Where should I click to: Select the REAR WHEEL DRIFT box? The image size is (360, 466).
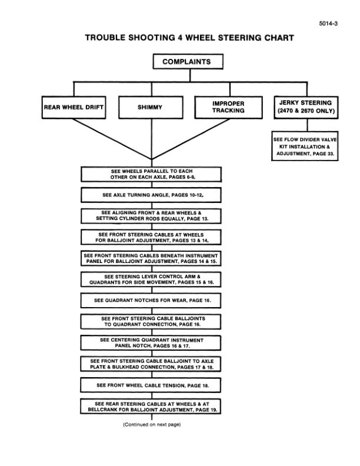pyautogui.click(x=73, y=108)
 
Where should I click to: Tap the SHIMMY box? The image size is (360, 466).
pyautogui.click(x=149, y=108)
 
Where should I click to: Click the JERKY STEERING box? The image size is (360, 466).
pyautogui.click(x=304, y=106)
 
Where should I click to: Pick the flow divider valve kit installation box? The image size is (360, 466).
pyautogui.click(x=304, y=147)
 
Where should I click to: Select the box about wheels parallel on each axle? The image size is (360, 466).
pyautogui.click(x=151, y=174)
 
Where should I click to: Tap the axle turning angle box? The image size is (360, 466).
pyautogui.click(x=151, y=194)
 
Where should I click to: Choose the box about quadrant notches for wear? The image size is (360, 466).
pyautogui.click(x=151, y=300)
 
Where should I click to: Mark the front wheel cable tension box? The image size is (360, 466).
pyautogui.click(x=151, y=385)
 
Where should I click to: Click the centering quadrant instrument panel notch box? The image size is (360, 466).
pyautogui.click(x=151, y=343)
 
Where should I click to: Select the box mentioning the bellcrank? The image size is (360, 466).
pyautogui.click(x=151, y=406)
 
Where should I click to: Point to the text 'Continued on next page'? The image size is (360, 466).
pyautogui.click(x=151, y=424)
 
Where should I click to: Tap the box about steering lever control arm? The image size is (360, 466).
pyautogui.click(x=151, y=279)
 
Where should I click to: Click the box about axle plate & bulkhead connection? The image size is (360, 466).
pyautogui.click(x=151, y=364)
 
